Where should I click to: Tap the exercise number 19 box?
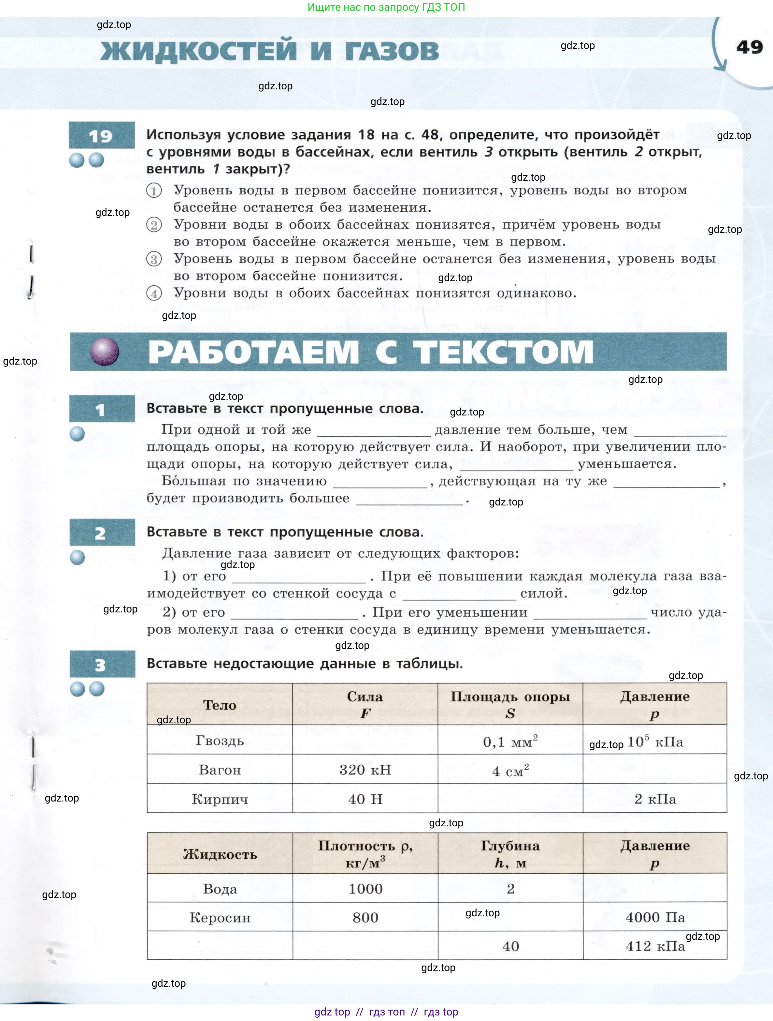tap(101, 135)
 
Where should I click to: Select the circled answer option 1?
tap(154, 190)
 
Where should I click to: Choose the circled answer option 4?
tap(154, 293)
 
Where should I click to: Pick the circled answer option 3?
tap(154, 259)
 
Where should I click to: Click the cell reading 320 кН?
tap(365, 770)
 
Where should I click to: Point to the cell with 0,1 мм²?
tap(510, 741)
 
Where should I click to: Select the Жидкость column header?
tap(220, 854)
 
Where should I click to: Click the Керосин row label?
tap(220, 918)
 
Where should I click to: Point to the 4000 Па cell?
tap(655, 917)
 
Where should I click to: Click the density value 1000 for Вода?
tap(365, 889)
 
